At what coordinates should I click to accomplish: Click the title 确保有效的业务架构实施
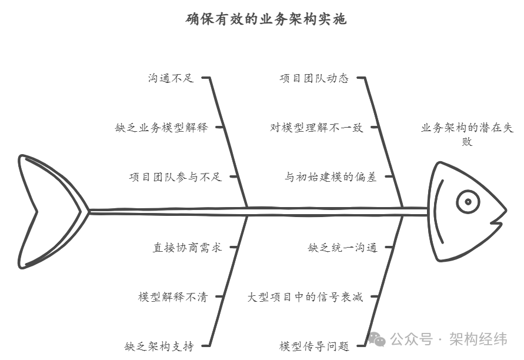pyautogui.click(x=266, y=19)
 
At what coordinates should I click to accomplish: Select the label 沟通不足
pyautogui.click(x=171, y=78)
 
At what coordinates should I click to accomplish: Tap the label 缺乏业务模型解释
pyautogui.click(x=161, y=128)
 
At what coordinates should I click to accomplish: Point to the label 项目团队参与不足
pyautogui.click(x=175, y=177)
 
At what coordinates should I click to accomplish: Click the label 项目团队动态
pyautogui.click(x=314, y=78)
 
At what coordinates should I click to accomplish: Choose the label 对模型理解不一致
pyautogui.click(x=316, y=128)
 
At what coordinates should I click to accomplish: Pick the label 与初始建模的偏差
pyautogui.click(x=331, y=177)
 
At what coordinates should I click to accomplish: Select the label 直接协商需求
pyautogui.click(x=187, y=248)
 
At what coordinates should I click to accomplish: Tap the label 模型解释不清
pyautogui.click(x=173, y=297)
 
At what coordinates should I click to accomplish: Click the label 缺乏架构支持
pyautogui.click(x=159, y=346)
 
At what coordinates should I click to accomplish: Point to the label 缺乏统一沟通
pyautogui.click(x=342, y=248)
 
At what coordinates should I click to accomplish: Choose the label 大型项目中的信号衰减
pyautogui.click(x=305, y=297)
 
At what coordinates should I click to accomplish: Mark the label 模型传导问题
pyautogui.click(x=314, y=346)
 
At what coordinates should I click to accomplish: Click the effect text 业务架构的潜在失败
pyautogui.click(x=467, y=135)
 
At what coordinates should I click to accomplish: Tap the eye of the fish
pyautogui.click(x=468, y=202)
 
